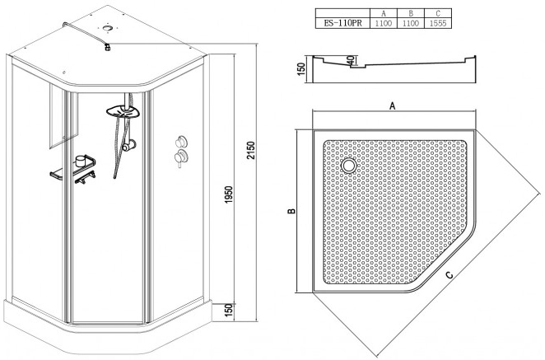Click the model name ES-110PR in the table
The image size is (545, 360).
342,23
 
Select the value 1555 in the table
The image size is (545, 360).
438,23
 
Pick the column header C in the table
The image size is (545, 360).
438,13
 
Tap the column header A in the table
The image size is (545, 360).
384,13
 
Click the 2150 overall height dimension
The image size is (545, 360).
250,150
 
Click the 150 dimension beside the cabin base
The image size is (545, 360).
228,311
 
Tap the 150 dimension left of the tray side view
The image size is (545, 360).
301,68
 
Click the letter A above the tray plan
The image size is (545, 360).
393,105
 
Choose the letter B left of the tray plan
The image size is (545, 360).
291,211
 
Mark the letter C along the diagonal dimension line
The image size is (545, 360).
450,275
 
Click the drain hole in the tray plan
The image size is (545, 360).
348,165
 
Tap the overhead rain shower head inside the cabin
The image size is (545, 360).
123,111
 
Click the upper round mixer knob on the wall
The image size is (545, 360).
181,142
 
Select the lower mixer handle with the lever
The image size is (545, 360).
181,157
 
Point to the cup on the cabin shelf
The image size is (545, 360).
81,160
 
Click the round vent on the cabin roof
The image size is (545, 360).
107,28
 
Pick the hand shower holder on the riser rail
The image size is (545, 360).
128,145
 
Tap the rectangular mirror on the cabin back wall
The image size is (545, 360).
63,116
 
